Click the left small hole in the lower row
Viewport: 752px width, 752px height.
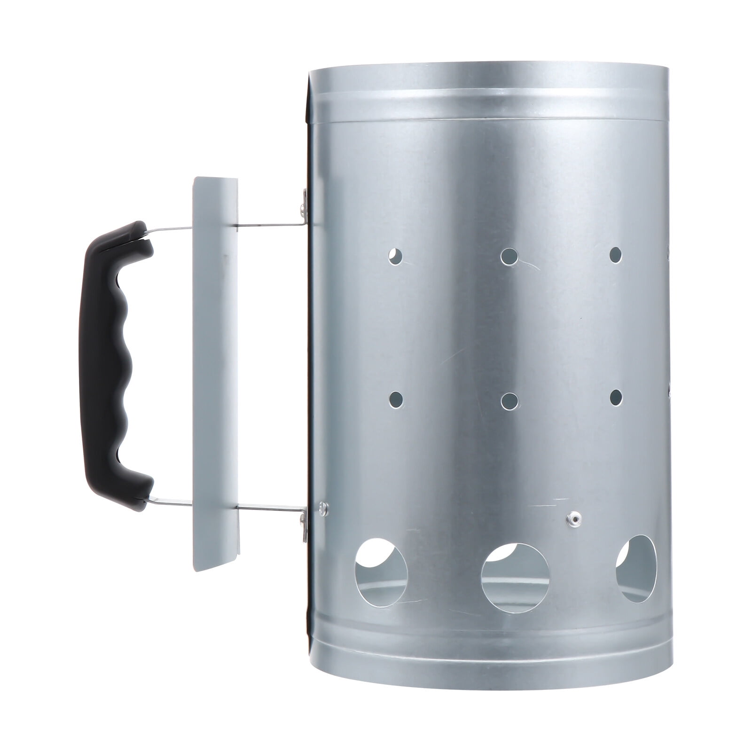pyautogui.click(x=396, y=399)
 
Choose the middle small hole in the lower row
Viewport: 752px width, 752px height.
pyautogui.click(x=509, y=400)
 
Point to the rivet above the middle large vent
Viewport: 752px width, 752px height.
pyautogui.click(x=570, y=518)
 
